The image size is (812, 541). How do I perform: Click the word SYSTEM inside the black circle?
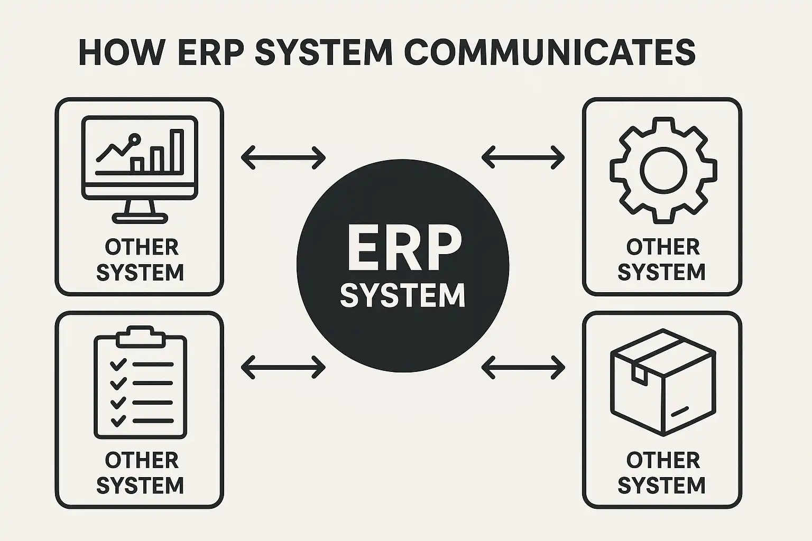(x=403, y=295)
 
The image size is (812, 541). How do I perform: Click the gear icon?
(x=663, y=170)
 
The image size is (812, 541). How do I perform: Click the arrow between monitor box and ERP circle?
(x=283, y=157)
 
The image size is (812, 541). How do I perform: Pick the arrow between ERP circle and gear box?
(x=523, y=157)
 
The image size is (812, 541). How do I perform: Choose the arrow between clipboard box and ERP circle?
(x=283, y=367)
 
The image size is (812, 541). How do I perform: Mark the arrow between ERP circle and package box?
(x=523, y=367)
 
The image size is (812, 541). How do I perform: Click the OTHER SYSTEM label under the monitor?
(x=141, y=260)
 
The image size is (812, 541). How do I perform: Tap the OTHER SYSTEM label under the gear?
(x=662, y=260)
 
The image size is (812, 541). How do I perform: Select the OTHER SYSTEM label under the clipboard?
(x=141, y=473)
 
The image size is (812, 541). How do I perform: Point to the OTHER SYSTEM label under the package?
(x=662, y=473)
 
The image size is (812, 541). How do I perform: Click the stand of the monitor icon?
(x=140, y=211)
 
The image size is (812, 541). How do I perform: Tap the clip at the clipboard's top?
(x=141, y=336)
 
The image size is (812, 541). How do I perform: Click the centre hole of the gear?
(x=663, y=170)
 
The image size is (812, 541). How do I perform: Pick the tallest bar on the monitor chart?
(x=176, y=151)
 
